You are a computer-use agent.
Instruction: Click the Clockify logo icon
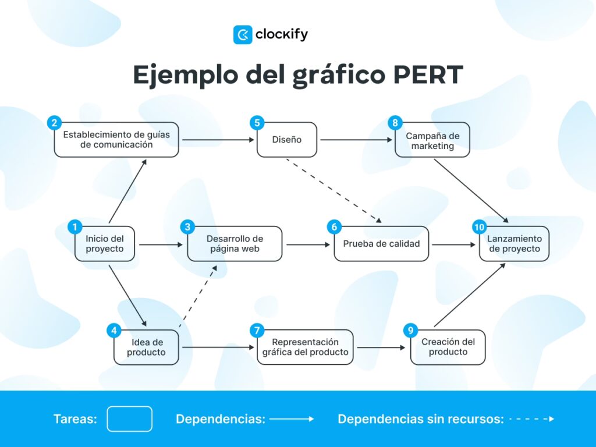click(x=242, y=35)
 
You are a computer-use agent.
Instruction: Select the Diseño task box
click(x=287, y=140)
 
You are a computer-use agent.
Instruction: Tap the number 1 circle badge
click(x=74, y=227)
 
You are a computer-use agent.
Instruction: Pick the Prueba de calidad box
click(x=381, y=244)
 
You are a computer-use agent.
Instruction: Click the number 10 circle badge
click(x=480, y=227)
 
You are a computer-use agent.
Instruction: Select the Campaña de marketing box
click(x=432, y=140)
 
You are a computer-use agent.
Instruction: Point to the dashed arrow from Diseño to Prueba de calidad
click(x=334, y=190)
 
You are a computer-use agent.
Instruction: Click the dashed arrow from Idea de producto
click(x=198, y=297)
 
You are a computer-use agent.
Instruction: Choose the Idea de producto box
click(x=146, y=347)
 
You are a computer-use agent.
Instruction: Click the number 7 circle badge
click(x=257, y=331)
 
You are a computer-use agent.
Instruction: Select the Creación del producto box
click(x=448, y=347)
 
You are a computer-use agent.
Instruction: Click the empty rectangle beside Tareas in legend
click(x=130, y=418)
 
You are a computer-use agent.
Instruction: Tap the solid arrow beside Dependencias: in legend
click(x=291, y=418)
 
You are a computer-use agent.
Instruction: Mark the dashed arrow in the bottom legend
click(x=531, y=418)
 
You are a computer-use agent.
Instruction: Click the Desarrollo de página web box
click(x=235, y=244)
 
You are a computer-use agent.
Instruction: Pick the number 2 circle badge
click(x=54, y=123)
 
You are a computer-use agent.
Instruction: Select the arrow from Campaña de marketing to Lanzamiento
click(x=471, y=190)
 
